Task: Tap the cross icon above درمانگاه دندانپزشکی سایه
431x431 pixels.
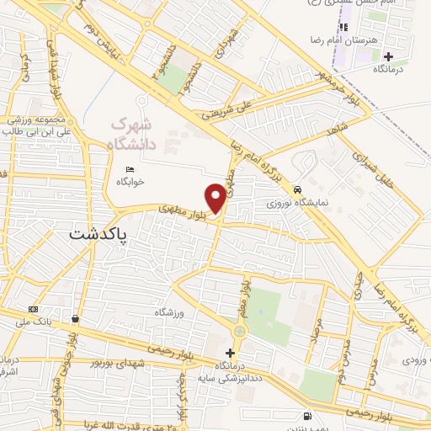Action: (x=230, y=352)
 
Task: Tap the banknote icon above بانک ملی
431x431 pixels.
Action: (x=33, y=308)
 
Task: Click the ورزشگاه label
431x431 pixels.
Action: (x=168, y=312)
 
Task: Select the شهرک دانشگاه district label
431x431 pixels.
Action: (x=133, y=135)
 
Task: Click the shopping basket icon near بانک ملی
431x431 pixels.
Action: (x=77, y=319)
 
